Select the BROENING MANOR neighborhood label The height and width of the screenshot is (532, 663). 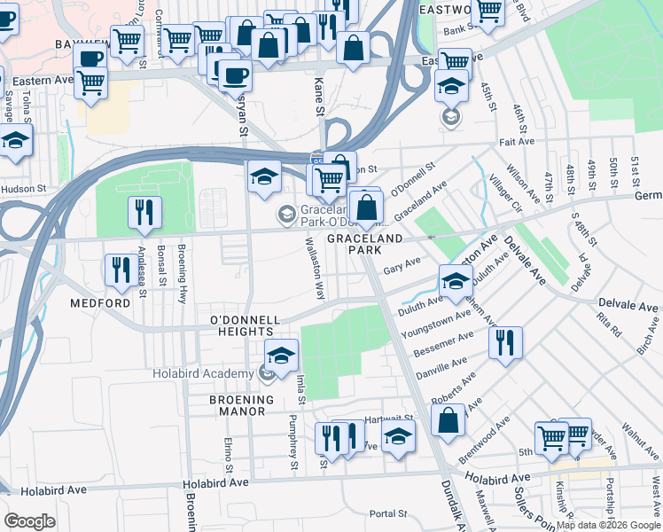coord(237,405)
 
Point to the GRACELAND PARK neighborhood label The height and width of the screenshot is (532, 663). coord(365,246)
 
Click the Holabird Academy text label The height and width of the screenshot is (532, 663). coord(203,373)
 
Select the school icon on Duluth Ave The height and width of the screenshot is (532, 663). coord(456,283)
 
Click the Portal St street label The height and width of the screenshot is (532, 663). coord(387,513)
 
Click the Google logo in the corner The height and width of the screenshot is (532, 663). coord(30,521)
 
